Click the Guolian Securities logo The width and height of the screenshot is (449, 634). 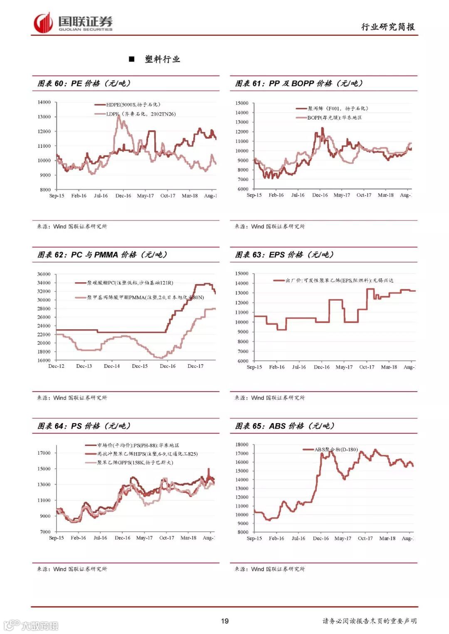[73, 23]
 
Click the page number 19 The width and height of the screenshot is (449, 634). [224, 621]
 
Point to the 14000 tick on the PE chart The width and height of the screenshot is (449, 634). [44, 102]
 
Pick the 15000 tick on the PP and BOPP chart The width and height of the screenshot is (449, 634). [242, 103]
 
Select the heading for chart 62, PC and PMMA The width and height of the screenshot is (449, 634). [102, 255]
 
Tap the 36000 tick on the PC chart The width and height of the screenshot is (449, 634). [44, 274]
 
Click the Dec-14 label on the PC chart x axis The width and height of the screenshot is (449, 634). [112, 366]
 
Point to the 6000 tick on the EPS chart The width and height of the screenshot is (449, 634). [243, 361]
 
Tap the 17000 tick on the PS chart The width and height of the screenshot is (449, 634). [44, 453]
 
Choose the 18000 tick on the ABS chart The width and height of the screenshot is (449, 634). [242, 445]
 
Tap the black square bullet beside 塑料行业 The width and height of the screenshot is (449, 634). [132, 59]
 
